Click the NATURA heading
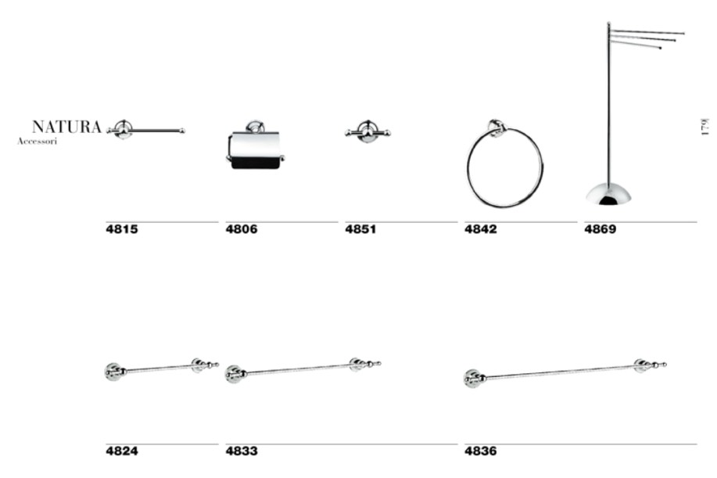(66, 127)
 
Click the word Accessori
(37, 142)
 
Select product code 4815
(122, 229)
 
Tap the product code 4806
(242, 229)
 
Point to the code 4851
(360, 229)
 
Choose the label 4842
(481, 229)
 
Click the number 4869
(600, 229)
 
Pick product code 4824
(122, 451)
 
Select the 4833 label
(242, 451)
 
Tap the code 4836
(481, 451)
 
